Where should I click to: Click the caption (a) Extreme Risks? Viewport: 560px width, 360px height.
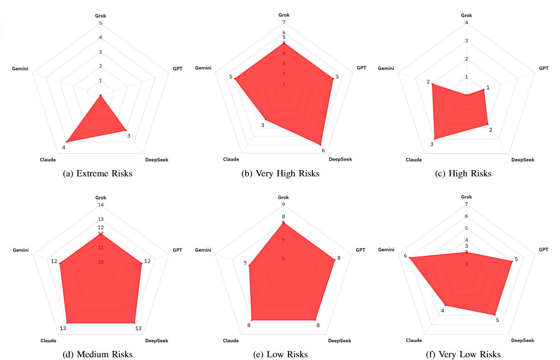(x=98, y=173)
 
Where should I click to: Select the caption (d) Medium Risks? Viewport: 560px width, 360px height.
(x=98, y=354)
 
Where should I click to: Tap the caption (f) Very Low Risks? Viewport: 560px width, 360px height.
(x=463, y=354)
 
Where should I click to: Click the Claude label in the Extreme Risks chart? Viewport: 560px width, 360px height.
(x=48, y=160)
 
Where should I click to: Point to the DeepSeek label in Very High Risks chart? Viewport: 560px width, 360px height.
(x=340, y=159)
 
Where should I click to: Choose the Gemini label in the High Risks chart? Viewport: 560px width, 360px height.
(x=386, y=69)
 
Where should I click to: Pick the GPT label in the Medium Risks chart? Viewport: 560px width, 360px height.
(x=178, y=250)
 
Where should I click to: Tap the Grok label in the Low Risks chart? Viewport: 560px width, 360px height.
(x=284, y=198)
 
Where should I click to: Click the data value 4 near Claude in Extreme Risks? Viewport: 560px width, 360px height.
(x=64, y=147)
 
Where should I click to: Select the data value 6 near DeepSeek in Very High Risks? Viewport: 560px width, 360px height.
(x=323, y=150)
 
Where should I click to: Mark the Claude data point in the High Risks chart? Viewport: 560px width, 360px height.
(x=435, y=138)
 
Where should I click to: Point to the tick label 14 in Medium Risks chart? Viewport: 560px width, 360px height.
(x=101, y=205)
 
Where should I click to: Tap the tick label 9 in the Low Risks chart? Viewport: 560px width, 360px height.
(x=284, y=204)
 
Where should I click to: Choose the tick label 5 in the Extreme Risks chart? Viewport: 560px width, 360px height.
(x=101, y=23)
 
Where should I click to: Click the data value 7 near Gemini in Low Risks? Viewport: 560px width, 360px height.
(x=245, y=263)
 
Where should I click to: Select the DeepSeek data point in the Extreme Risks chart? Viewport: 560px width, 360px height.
(x=125, y=130)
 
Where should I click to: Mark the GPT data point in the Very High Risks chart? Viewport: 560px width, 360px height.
(x=333, y=79)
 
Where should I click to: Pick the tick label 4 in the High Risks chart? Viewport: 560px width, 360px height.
(x=467, y=23)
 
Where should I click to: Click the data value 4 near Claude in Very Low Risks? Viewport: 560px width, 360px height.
(x=443, y=310)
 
